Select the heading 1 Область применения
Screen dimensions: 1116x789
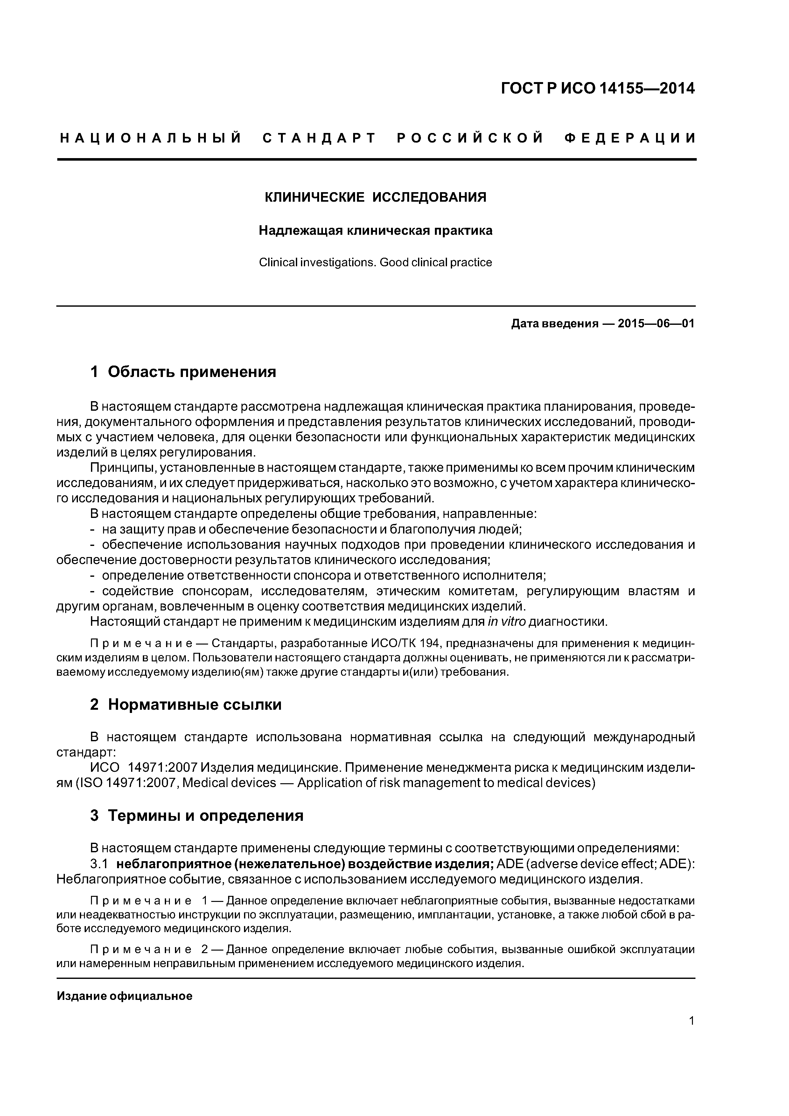coord(183,372)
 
